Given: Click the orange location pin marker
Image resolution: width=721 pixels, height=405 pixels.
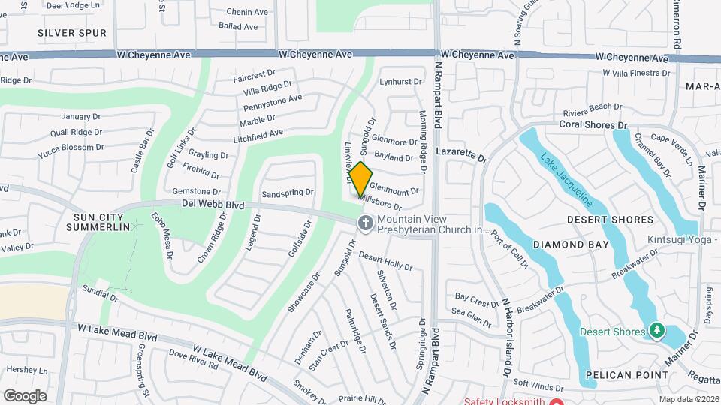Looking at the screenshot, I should (x=360, y=179).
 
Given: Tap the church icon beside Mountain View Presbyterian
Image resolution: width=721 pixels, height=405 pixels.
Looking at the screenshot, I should (x=365, y=223).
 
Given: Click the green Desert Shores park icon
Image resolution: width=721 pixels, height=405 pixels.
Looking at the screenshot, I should (x=656, y=330).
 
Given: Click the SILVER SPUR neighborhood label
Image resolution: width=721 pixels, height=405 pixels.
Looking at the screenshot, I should (x=72, y=33).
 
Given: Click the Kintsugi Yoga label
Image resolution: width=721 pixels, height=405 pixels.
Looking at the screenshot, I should (x=682, y=240).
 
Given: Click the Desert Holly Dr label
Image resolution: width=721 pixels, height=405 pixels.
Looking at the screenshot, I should (x=385, y=262).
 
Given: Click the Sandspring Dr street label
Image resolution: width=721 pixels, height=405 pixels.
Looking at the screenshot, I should (x=287, y=193).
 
